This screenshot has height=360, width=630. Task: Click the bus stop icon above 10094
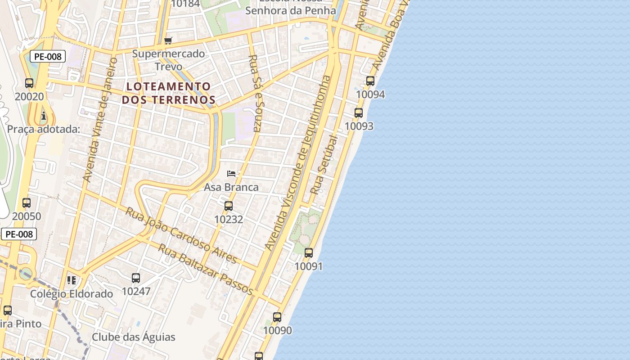tap(370, 81)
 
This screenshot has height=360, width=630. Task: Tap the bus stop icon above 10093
tap(359, 113)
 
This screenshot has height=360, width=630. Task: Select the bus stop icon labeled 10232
tap(229, 206)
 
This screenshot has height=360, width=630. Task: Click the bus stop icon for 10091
tap(309, 253)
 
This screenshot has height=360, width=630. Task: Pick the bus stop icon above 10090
tap(277, 317)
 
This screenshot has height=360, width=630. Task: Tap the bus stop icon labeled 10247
tap(136, 278)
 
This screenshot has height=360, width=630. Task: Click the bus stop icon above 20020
tap(29, 83)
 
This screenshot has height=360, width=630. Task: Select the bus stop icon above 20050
tap(27, 203)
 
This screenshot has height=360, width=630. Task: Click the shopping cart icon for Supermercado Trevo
tap(168, 41)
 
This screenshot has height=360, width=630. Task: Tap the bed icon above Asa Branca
tap(231, 174)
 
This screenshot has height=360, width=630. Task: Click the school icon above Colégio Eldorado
tap(72, 281)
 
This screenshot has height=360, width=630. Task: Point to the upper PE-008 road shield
tap(48, 57)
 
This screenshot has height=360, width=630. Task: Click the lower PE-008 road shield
tap(19, 234)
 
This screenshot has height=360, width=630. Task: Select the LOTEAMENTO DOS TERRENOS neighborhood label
tap(168, 93)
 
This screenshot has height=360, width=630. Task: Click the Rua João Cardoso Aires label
tap(181, 235)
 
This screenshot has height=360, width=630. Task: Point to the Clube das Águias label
tap(134, 337)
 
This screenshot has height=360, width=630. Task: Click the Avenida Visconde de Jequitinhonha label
tap(298, 163)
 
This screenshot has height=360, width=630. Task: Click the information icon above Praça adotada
tap(44, 116)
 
